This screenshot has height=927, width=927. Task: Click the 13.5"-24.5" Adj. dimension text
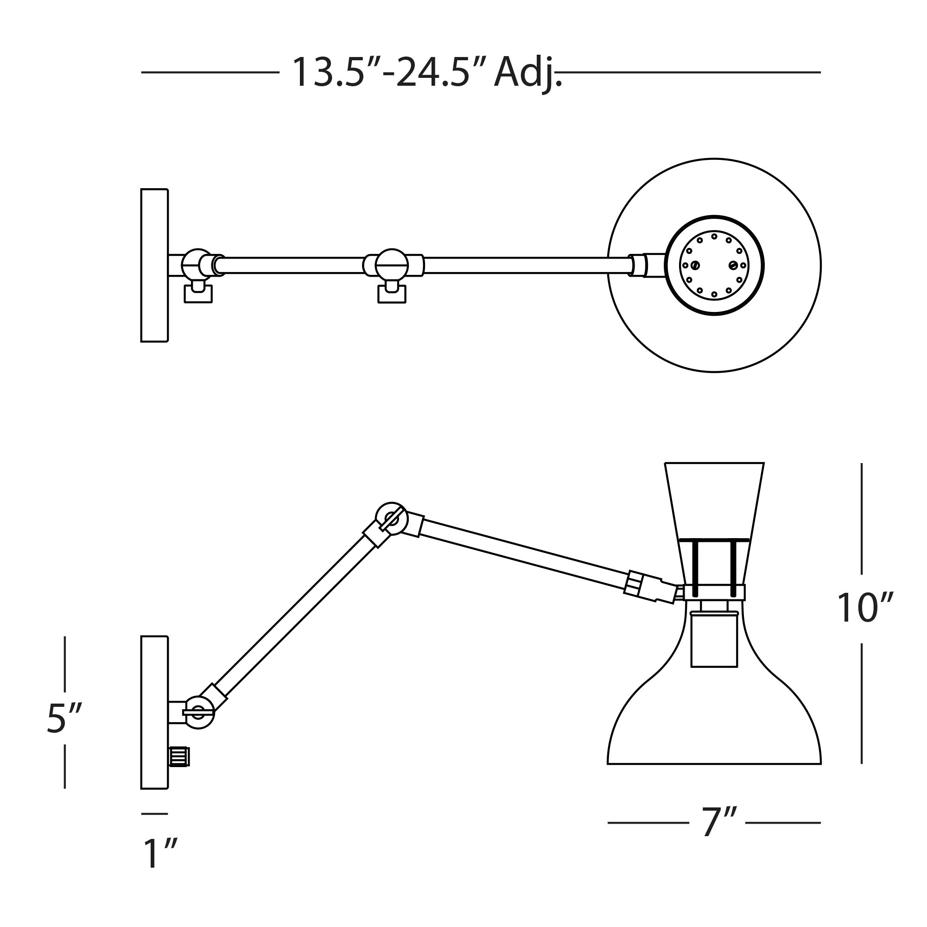pyautogui.click(x=426, y=73)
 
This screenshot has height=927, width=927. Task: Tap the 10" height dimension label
pyautogui.click(x=865, y=609)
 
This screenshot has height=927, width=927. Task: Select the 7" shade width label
pyautogui.click(x=718, y=822)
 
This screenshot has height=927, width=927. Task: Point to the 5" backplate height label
pyautogui.click(x=64, y=718)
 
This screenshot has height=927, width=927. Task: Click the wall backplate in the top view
pyautogui.click(x=154, y=265)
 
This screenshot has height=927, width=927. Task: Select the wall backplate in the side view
pyautogui.click(x=154, y=712)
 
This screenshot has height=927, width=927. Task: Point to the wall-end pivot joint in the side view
pyautogui.click(x=199, y=712)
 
